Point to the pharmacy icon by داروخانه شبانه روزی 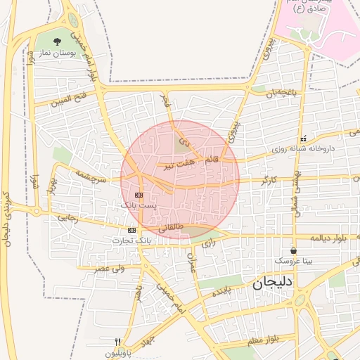tap(303, 139)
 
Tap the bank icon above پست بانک tap(139, 194)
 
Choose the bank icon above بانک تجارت tap(132, 230)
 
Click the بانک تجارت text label tap(131, 240)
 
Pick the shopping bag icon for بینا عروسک tap(293, 250)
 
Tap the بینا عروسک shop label tap(293, 261)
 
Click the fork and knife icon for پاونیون tap(127, 342)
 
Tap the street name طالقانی tap(171, 227)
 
